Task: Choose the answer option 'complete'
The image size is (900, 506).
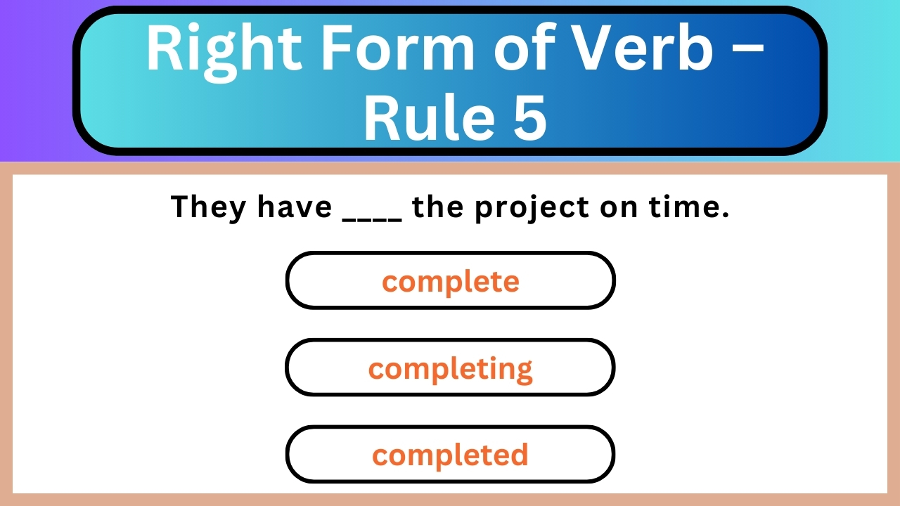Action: [450, 281]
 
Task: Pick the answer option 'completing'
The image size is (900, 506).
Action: [450, 368]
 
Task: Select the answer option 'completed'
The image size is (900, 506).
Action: [450, 455]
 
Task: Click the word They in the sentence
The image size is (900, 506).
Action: [209, 207]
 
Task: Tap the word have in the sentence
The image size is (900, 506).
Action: [294, 207]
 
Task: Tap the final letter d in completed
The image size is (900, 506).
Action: [519, 454]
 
